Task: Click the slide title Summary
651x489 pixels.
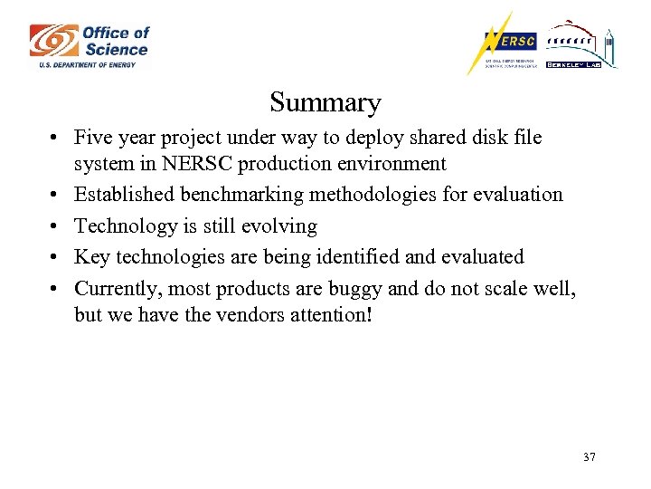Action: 325,102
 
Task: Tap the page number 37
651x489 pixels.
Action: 590,457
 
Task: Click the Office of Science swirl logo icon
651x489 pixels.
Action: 52,40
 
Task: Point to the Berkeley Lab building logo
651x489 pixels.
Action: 582,45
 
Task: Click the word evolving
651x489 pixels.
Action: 278,225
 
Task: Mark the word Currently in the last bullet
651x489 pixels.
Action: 115,288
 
